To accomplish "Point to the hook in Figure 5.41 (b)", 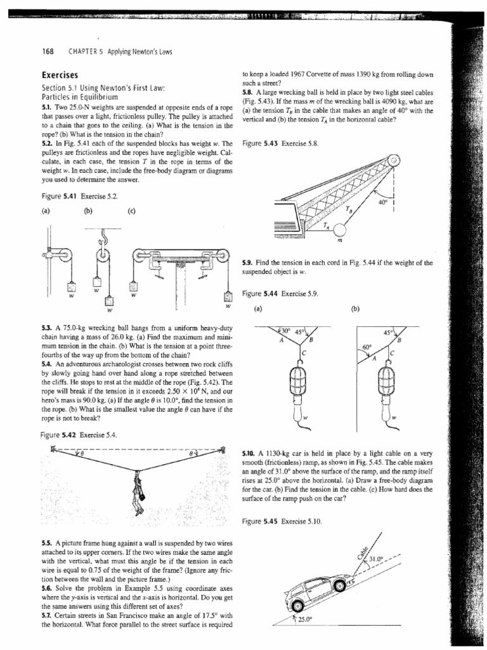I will coord(100,238).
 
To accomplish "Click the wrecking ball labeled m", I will coord(339,228).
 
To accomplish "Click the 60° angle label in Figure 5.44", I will coord(366,347).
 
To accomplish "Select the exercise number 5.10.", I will coord(249,454).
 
